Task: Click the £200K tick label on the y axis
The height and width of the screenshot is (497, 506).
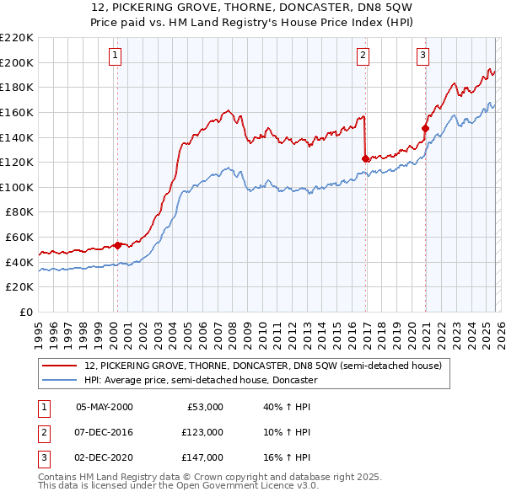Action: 17,62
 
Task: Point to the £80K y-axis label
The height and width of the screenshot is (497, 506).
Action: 19,212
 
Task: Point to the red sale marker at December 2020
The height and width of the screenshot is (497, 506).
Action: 425,129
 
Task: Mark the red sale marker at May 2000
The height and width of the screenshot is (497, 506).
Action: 118,245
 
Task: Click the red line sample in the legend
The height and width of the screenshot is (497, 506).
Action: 60,366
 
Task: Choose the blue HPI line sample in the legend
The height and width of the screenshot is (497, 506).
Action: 60,380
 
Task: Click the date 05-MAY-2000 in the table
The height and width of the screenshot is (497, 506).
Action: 104,407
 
